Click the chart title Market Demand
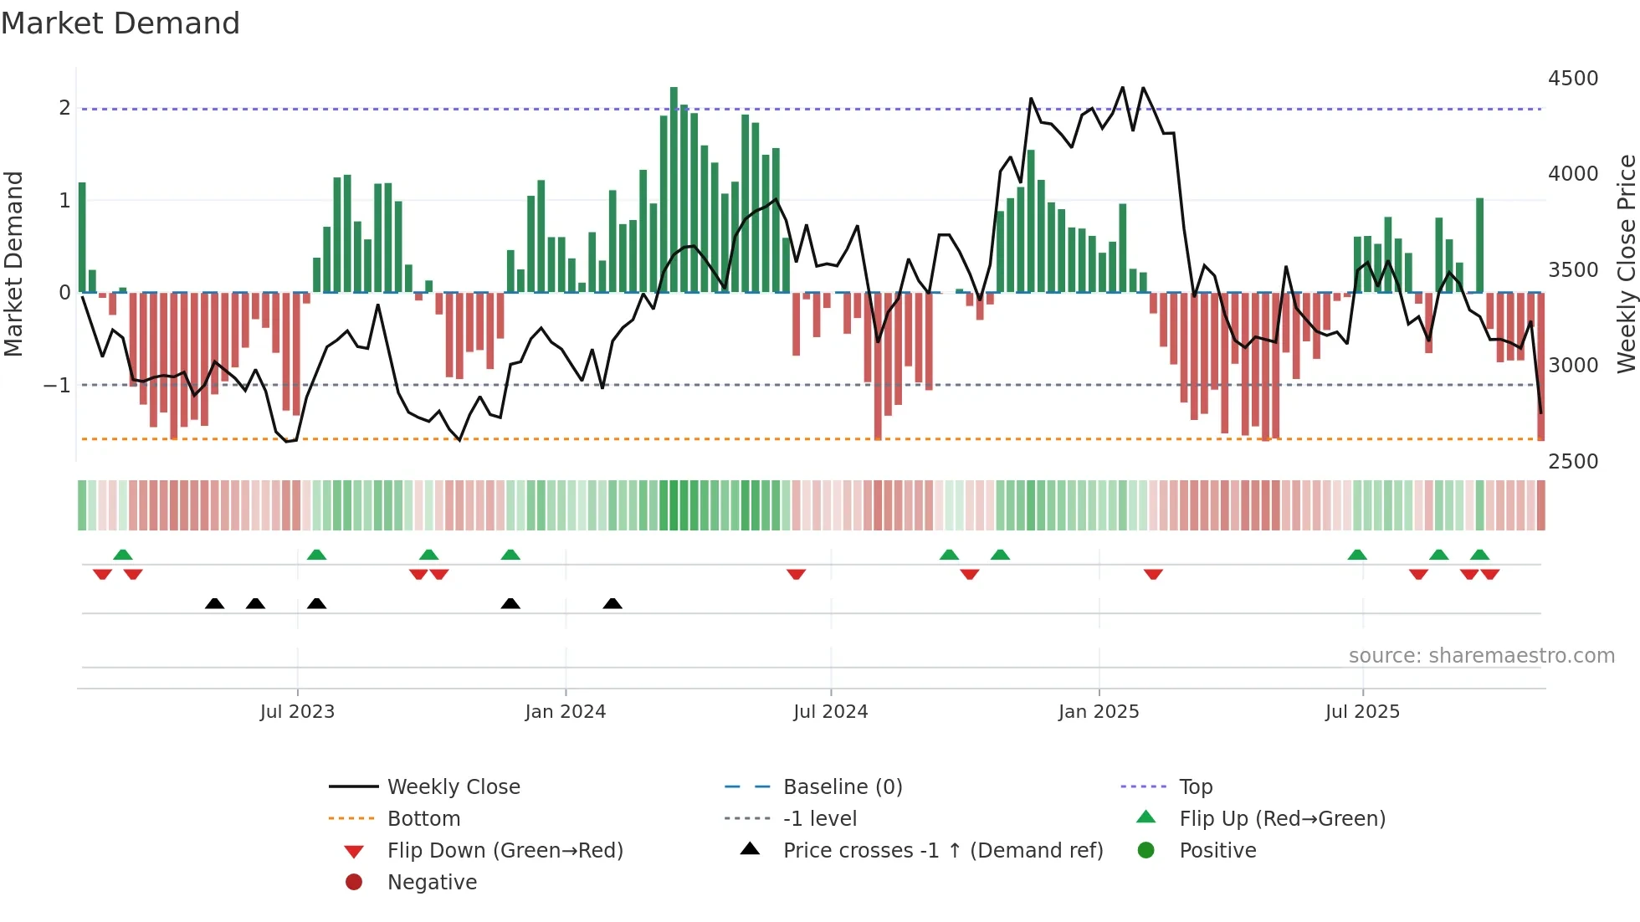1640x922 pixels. (120, 23)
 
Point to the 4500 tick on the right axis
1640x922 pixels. (1572, 79)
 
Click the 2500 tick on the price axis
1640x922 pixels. (1572, 462)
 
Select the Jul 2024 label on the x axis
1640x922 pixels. (830, 712)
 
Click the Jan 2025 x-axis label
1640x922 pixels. (1098, 712)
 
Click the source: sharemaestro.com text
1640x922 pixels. (1481, 656)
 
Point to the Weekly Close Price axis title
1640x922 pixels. (1626, 264)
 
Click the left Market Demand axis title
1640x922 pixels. (13, 264)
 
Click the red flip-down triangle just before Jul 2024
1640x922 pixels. (796, 574)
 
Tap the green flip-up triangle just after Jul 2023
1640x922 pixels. (316, 555)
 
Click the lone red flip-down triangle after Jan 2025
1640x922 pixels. (1153, 574)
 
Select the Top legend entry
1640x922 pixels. (1195, 787)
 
